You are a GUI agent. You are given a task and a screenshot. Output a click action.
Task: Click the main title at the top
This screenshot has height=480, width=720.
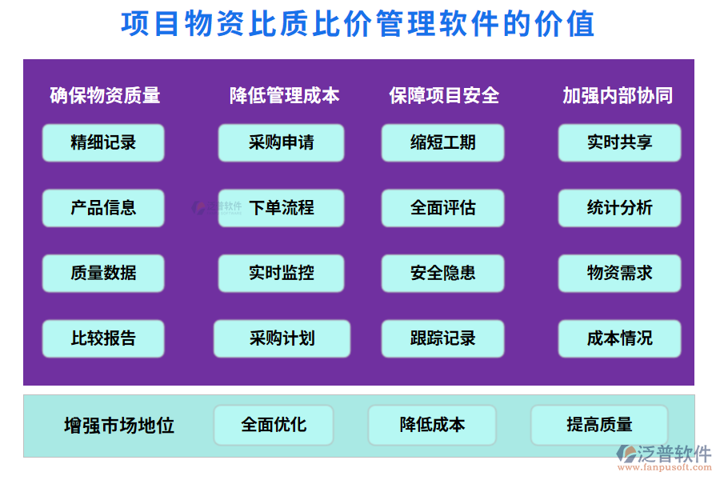358,24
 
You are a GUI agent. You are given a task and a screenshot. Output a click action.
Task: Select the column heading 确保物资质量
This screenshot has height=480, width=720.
105,96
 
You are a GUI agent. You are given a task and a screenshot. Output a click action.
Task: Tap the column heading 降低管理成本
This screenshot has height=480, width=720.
284,96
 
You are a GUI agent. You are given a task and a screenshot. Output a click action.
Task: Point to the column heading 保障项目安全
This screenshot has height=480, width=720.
444,96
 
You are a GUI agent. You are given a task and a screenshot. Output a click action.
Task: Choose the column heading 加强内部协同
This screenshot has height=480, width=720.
618,96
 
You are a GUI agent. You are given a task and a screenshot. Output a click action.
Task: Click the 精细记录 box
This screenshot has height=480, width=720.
103,143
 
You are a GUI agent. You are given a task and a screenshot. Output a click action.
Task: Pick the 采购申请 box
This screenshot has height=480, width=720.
281,143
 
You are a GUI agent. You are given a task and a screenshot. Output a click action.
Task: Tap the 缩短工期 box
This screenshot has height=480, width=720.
442,143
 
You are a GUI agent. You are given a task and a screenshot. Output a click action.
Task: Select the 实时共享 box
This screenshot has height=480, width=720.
619,143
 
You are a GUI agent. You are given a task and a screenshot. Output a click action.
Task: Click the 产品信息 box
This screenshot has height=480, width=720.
103,208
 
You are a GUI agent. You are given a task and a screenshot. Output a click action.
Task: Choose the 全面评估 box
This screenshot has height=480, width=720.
442,208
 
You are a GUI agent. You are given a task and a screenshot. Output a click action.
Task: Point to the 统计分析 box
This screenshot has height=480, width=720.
619,208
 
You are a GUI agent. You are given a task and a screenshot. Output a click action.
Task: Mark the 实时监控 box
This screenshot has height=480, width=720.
281,274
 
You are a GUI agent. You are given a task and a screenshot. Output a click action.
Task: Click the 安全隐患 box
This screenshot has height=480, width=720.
442,274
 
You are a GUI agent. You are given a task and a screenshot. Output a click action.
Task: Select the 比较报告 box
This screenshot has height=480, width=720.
103,338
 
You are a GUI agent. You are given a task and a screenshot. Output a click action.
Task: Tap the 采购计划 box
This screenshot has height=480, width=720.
282,338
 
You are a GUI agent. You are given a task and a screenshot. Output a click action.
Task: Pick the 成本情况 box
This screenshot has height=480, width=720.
619,338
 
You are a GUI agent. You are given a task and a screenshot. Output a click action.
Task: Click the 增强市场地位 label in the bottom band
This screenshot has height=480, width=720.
119,426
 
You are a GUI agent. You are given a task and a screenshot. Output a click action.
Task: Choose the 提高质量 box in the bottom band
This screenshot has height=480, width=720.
599,425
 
